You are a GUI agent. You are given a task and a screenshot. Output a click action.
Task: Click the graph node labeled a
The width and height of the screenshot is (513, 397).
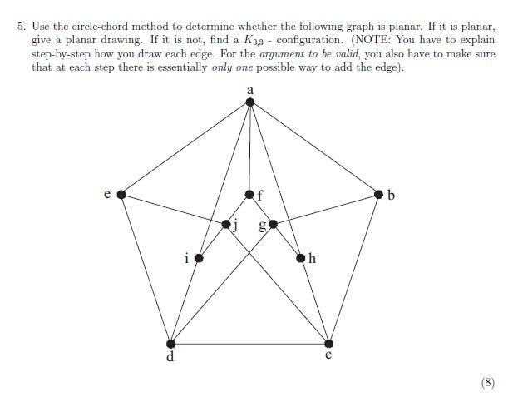pyautogui.click(x=250, y=102)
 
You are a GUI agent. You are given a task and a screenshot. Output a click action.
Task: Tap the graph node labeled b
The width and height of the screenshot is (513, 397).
pyautogui.click(x=379, y=194)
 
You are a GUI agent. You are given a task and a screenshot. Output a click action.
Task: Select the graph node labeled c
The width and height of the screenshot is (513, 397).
pyautogui.click(x=328, y=344)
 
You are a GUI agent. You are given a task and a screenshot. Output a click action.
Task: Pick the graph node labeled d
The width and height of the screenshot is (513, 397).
pyautogui.click(x=171, y=344)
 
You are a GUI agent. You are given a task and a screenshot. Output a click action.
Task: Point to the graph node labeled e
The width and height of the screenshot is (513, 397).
pyautogui.click(x=121, y=194)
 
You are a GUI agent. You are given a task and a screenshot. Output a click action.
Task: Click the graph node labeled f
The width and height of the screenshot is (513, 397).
pyautogui.click(x=249, y=194)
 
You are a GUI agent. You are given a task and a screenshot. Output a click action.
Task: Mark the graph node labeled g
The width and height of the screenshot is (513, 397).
pyautogui.click(x=273, y=224)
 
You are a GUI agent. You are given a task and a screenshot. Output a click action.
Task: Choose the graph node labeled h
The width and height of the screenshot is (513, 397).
pyautogui.click(x=301, y=259)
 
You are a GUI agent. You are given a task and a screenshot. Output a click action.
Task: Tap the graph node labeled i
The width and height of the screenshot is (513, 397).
pyautogui.click(x=198, y=259)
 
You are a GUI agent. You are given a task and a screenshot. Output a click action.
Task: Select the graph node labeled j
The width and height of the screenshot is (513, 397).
pyautogui.click(x=226, y=224)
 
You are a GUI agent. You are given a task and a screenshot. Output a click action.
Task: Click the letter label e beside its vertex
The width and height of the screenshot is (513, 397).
pyautogui.click(x=107, y=195)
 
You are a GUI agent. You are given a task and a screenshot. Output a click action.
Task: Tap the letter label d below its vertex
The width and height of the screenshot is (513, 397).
pyautogui.click(x=170, y=359)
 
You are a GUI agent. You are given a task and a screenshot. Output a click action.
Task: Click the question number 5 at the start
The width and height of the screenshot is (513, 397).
pyautogui.click(x=22, y=26)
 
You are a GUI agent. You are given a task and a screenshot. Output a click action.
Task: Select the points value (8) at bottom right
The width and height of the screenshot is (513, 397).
pyautogui.click(x=487, y=383)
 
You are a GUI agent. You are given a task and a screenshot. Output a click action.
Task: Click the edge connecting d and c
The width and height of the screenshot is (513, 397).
pyautogui.click(x=249, y=344)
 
